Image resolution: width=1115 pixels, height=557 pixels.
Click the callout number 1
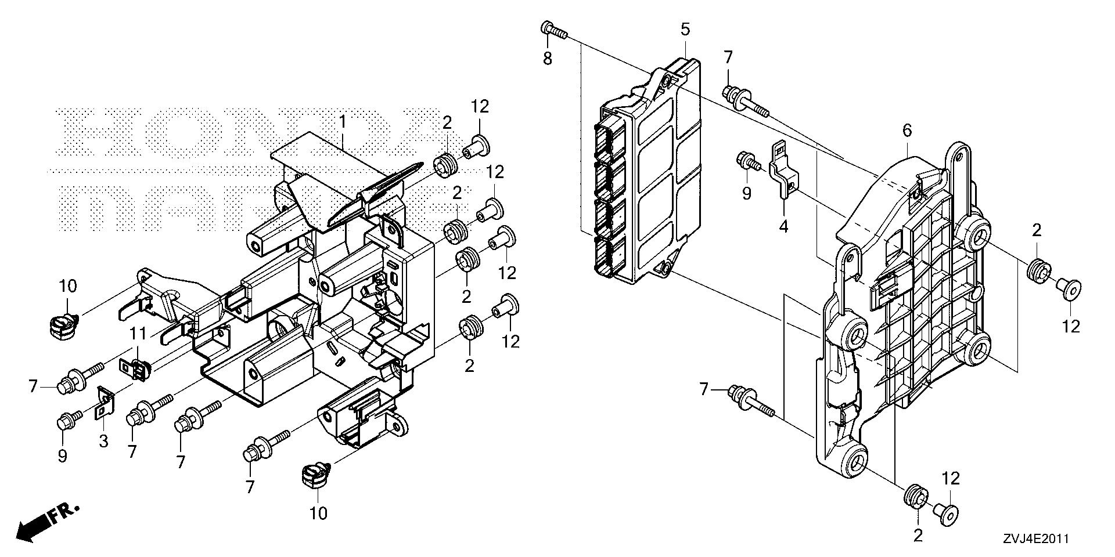(343, 122)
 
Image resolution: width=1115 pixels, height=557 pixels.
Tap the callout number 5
(685, 28)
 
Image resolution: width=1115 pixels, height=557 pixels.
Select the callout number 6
(907, 131)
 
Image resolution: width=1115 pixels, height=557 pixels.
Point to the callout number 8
(548, 58)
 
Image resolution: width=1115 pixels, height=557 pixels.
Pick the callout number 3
(103, 442)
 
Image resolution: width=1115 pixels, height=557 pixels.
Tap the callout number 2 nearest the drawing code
(918, 536)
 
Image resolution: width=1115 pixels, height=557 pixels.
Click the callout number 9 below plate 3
(62, 457)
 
